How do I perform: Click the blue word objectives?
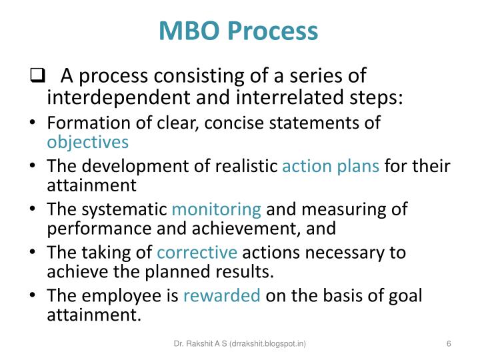[88, 141]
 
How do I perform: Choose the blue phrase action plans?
[331, 166]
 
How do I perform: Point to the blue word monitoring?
[217, 209]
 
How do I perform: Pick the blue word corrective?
[197, 253]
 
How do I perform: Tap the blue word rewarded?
[222, 296]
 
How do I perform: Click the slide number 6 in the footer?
[449, 343]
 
